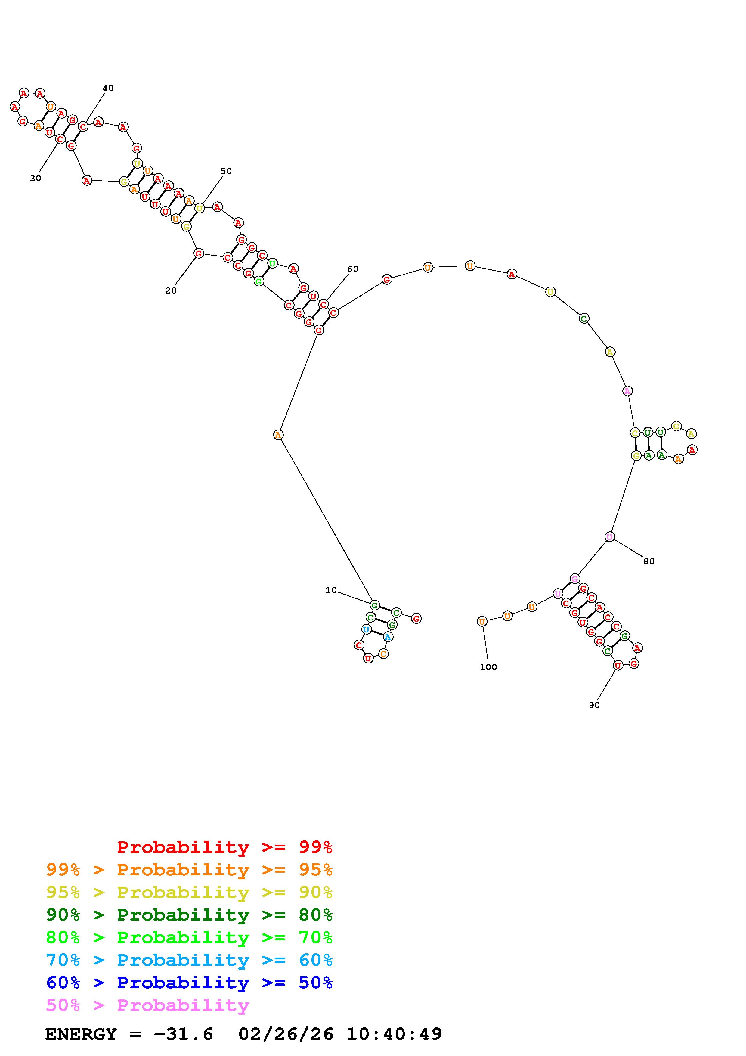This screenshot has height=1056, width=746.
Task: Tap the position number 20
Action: (171, 291)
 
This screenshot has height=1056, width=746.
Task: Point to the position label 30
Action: (36, 179)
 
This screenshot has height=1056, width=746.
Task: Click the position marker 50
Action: (226, 171)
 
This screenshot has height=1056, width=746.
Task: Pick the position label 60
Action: (353, 269)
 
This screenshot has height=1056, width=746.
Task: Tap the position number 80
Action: (648, 561)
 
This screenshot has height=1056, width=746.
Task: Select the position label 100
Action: (488, 667)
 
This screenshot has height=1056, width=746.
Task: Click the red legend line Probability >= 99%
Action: (225, 847)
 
